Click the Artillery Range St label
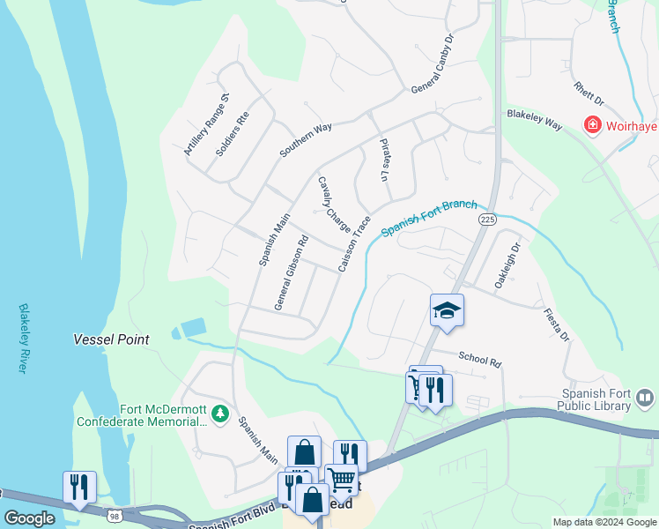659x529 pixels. (x=207, y=125)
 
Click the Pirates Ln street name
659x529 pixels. (x=384, y=160)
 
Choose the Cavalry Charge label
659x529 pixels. (x=334, y=205)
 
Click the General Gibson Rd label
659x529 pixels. (x=291, y=272)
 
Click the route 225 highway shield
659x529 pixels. (x=486, y=218)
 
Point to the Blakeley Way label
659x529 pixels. (x=534, y=120)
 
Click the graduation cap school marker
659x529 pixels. (x=447, y=309)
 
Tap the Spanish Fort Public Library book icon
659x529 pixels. (x=645, y=399)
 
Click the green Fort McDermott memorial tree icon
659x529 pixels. (x=219, y=413)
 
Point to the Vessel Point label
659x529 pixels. (x=111, y=339)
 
